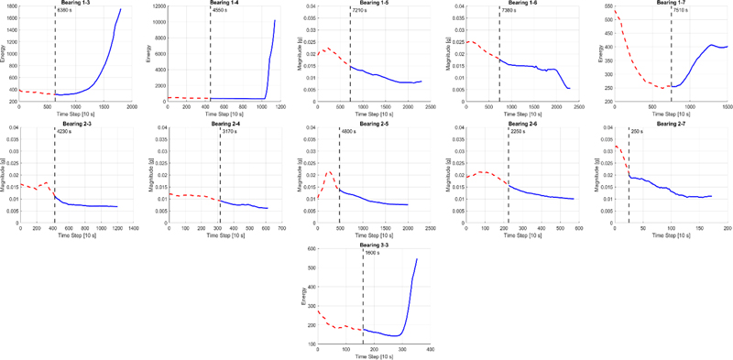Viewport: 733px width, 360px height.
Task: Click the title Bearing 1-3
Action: (76, 3)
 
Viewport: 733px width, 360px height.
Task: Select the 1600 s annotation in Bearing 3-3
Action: (373, 252)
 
